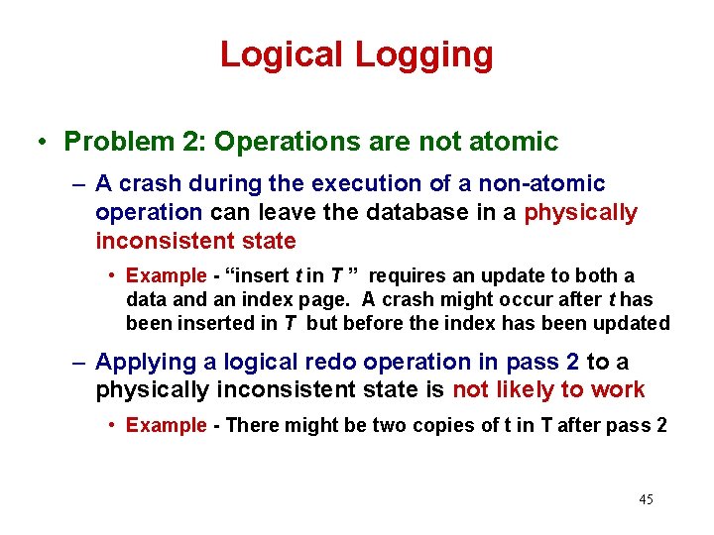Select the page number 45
646,499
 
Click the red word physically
580,213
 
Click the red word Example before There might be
166,426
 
